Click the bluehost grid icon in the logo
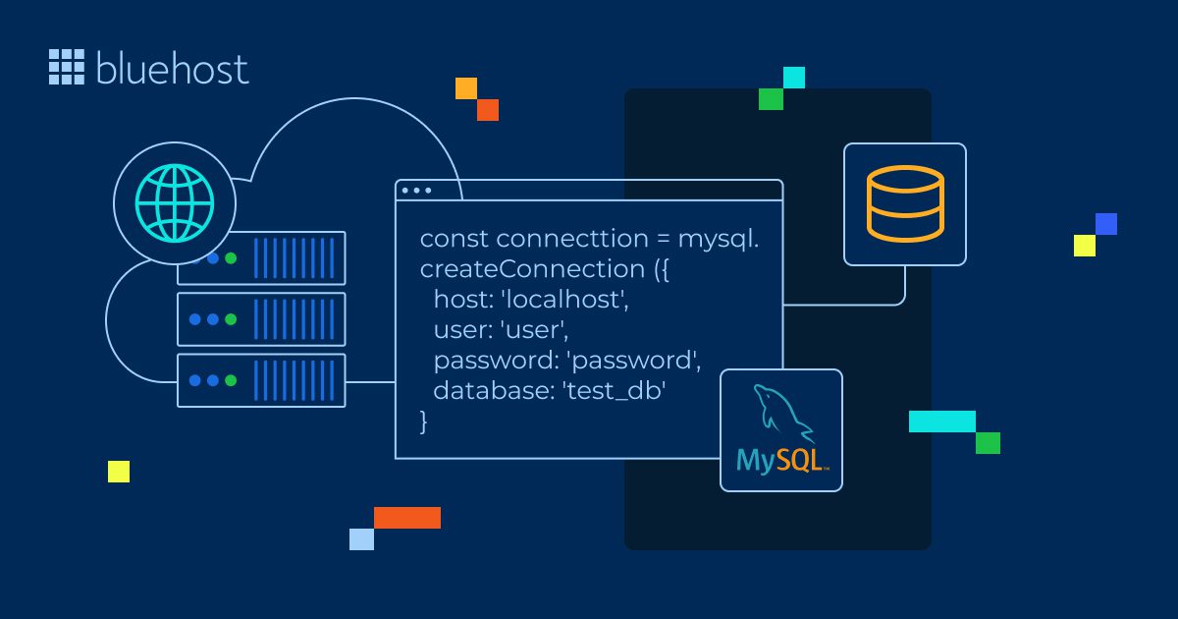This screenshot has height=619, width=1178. (x=67, y=66)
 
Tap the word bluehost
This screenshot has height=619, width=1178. (x=173, y=68)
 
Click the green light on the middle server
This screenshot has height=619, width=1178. (x=231, y=319)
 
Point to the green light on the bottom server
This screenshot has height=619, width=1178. (x=231, y=380)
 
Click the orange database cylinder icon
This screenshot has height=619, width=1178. (x=904, y=203)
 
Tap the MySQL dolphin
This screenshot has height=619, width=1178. (x=782, y=412)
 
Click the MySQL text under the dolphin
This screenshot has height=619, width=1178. (x=782, y=460)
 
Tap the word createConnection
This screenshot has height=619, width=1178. (x=530, y=269)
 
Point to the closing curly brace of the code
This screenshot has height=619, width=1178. (x=424, y=422)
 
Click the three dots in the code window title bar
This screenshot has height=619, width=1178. (x=416, y=191)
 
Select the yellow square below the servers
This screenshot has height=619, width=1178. (x=119, y=472)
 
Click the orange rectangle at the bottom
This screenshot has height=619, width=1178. (x=407, y=518)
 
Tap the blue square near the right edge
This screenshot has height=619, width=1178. (x=1106, y=224)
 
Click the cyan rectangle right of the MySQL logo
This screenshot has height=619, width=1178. (x=941, y=422)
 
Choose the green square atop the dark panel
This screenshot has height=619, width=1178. (x=771, y=99)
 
